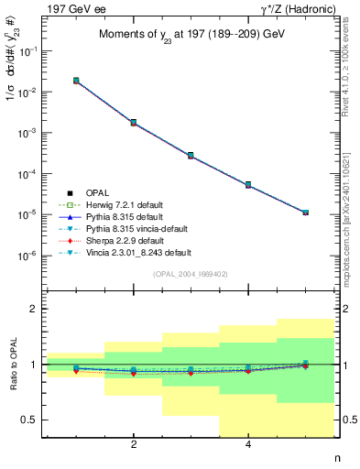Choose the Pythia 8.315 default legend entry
(x=147, y=216)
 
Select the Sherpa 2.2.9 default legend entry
(x=147, y=240)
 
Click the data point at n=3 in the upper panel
(x=191, y=156)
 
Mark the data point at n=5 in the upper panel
(x=305, y=213)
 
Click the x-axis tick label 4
(x=248, y=446)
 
